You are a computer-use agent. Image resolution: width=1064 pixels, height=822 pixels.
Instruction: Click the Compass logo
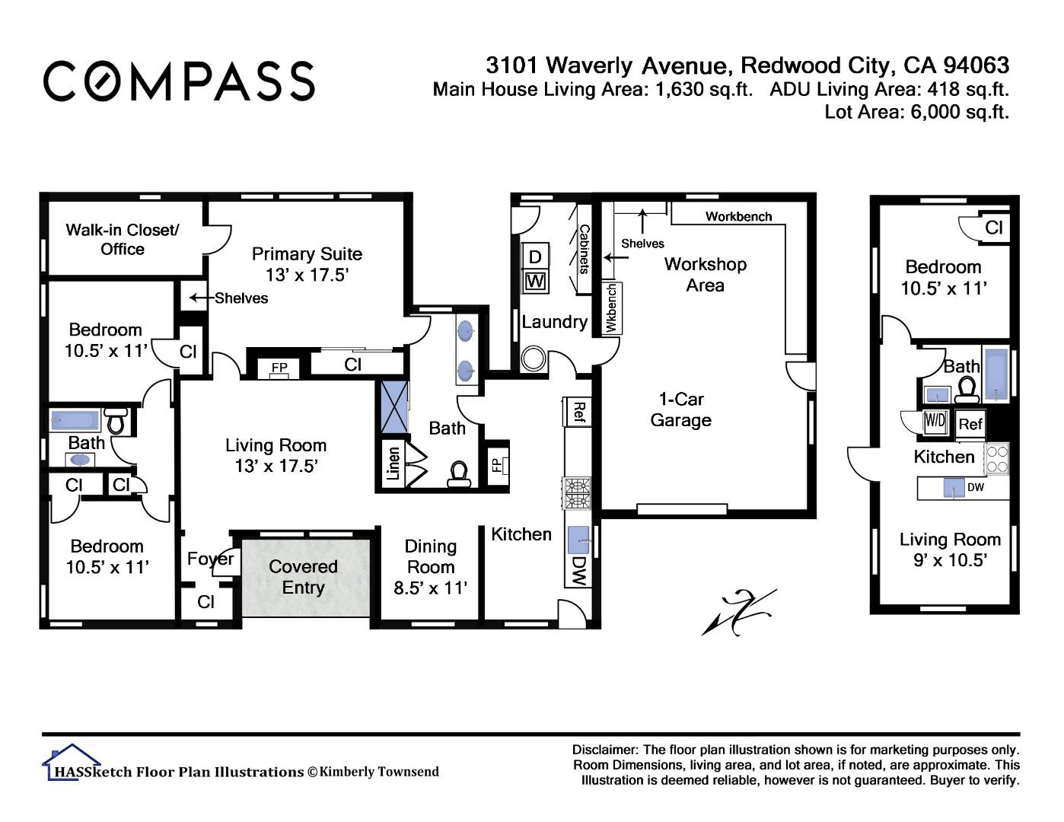pyautogui.click(x=179, y=81)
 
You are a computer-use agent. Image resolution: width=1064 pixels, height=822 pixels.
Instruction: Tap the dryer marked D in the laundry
pyautogui.click(x=535, y=256)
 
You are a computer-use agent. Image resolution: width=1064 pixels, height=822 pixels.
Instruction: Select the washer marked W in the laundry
pyautogui.click(x=535, y=281)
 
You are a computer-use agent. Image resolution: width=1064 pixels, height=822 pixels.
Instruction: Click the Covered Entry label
pyautogui.click(x=303, y=577)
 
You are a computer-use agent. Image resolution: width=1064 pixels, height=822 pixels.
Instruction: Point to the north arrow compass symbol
pyautogui.click(x=739, y=612)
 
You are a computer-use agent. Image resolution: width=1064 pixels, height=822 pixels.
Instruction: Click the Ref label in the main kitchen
pyautogui.click(x=578, y=412)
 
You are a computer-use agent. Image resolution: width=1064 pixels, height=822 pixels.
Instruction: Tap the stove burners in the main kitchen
pyautogui.click(x=578, y=493)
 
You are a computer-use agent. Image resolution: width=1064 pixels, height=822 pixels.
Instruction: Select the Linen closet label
pyautogui.click(x=393, y=464)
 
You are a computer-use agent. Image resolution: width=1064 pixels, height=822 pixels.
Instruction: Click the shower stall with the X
pyautogui.click(x=394, y=407)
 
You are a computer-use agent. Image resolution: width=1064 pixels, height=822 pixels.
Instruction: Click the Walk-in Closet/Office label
pyautogui.click(x=123, y=240)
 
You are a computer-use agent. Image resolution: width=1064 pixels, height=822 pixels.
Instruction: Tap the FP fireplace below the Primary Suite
pyautogui.click(x=279, y=368)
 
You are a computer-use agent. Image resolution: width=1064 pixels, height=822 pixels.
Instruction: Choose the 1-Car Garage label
pyautogui.click(x=681, y=409)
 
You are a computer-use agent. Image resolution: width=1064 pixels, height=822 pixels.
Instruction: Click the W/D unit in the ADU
pyautogui.click(x=935, y=421)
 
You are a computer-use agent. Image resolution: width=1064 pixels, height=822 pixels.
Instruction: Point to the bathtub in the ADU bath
pyautogui.click(x=996, y=375)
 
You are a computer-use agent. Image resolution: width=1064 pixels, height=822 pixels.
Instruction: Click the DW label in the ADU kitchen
pyautogui.click(x=976, y=487)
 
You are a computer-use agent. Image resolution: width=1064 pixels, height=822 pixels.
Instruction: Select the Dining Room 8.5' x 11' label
pyautogui.click(x=431, y=567)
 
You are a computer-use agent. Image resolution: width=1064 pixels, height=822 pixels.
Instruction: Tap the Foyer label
pyautogui.click(x=211, y=559)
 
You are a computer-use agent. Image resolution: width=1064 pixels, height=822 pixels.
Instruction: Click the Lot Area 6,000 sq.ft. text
pyautogui.click(x=916, y=112)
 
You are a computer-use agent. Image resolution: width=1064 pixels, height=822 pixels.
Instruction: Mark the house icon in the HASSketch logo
pyautogui.click(x=72, y=761)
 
